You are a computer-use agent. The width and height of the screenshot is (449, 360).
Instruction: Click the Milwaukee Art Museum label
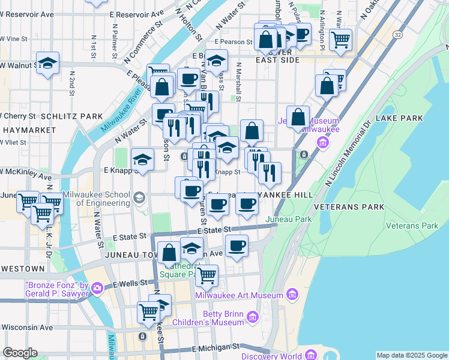tap(239, 295)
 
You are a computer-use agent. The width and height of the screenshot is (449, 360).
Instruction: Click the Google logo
tap(20, 353)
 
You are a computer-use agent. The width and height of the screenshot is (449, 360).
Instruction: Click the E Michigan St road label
tap(215, 348)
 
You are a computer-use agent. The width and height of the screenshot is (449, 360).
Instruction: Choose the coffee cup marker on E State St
tap(237, 245)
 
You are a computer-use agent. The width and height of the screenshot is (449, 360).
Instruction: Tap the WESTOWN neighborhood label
tap(22, 268)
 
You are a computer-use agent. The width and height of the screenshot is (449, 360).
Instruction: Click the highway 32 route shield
tap(398, 35)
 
